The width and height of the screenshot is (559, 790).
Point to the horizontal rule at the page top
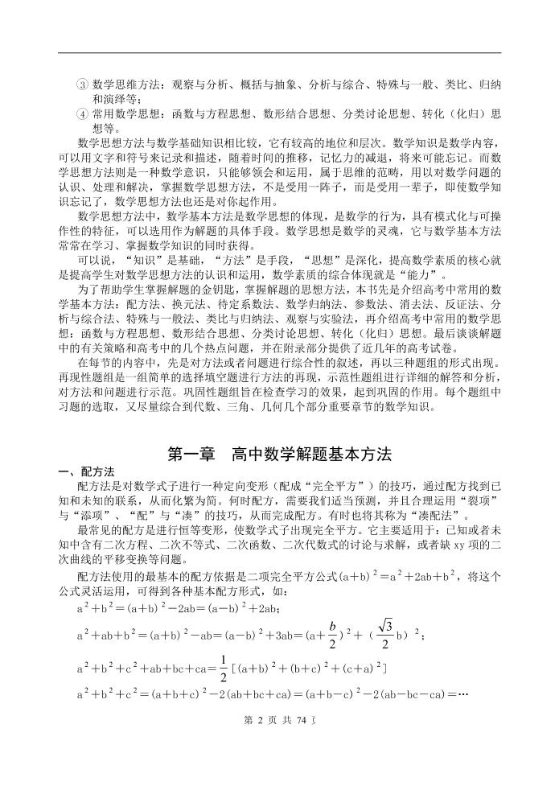pos(279,53)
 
